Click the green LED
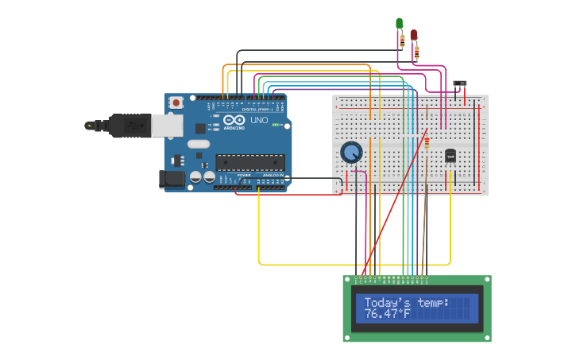pos(400,24)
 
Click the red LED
pos(413,35)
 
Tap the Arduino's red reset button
pos(176,103)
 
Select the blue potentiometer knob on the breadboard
pos(351,152)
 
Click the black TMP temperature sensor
pos(450,157)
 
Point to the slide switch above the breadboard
pos(459,83)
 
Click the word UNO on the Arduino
pos(259,120)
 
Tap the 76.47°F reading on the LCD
pos(388,315)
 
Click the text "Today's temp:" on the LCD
pos(406,303)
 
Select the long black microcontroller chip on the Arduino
pos(250,163)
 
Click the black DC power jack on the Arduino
pos(172,180)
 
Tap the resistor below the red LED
pos(416,53)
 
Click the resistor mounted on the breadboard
pos(427,141)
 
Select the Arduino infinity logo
pos(234,120)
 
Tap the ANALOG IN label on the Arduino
pos(273,175)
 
